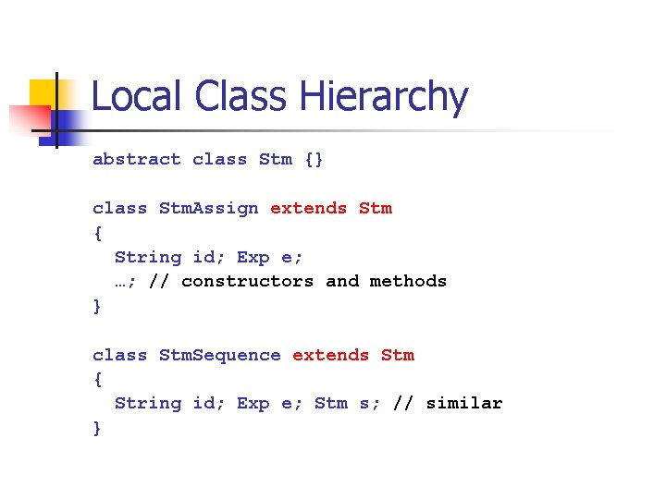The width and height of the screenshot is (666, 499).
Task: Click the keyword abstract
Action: click(x=137, y=159)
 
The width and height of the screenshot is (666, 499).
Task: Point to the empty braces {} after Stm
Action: click(x=314, y=159)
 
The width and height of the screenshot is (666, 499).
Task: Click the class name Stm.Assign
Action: click(x=209, y=208)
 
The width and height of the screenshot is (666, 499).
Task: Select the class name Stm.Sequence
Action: click(x=220, y=355)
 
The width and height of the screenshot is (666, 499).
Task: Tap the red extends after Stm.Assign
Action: click(x=308, y=208)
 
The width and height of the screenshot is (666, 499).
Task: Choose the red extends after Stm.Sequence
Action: click(x=330, y=355)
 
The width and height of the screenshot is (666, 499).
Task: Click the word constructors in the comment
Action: click(x=247, y=281)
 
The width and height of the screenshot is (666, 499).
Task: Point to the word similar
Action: click(x=464, y=403)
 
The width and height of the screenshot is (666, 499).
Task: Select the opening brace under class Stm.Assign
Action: click(x=97, y=233)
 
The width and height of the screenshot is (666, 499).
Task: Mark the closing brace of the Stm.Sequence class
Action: click(x=97, y=428)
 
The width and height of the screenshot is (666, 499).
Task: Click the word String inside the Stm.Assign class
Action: click(x=148, y=257)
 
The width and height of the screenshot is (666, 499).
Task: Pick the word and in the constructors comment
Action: click(x=341, y=281)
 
